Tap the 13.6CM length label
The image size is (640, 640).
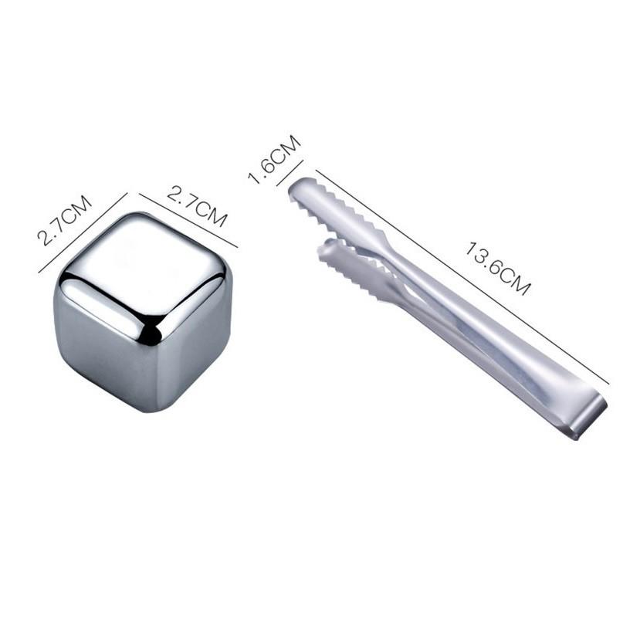click(x=498, y=268)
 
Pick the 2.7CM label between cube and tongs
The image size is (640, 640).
click(x=197, y=205)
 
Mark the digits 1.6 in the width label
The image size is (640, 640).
click(x=263, y=170)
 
